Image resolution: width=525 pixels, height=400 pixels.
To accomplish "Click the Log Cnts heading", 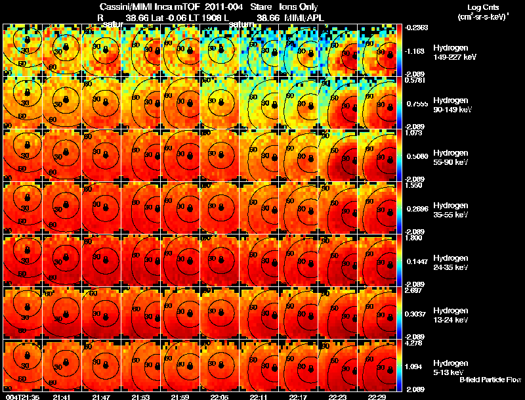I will [478, 7].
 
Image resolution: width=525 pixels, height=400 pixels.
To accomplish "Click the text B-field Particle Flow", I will [490, 380].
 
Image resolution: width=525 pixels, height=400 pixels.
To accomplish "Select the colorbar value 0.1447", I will [415, 262].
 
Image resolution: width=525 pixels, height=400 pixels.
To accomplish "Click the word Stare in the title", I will [262, 7].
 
